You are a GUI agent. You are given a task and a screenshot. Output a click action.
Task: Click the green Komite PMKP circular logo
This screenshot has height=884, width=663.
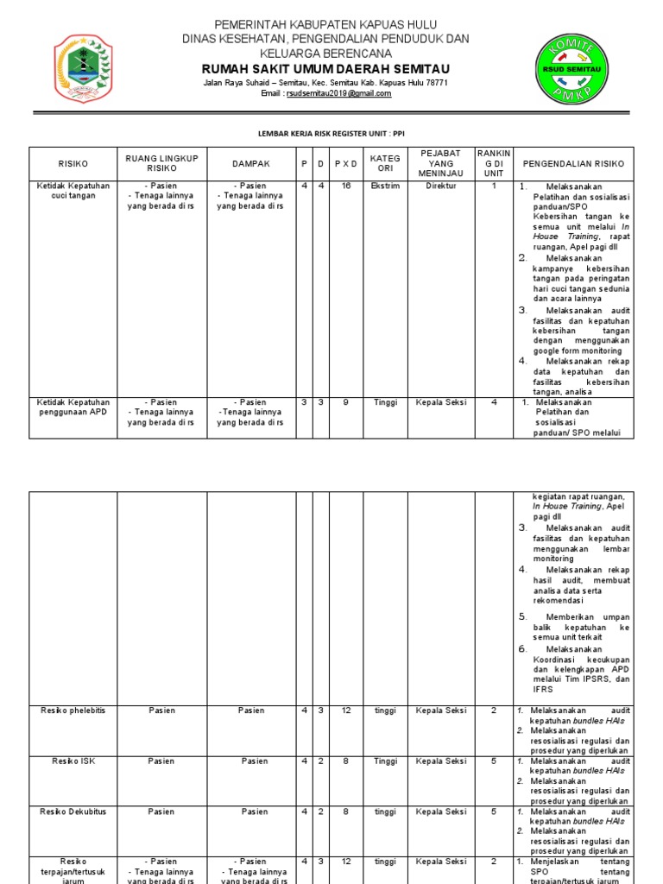click(571, 69)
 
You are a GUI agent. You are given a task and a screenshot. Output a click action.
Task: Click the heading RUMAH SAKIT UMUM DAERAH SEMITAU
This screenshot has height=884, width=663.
click(325, 69)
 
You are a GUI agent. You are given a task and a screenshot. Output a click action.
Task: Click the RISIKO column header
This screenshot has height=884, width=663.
click(73, 163)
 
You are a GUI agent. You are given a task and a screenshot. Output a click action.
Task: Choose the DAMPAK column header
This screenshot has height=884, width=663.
click(251, 163)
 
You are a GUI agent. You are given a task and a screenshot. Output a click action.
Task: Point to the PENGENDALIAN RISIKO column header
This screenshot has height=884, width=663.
click(573, 163)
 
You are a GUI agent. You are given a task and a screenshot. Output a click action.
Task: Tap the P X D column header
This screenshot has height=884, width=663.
click(345, 163)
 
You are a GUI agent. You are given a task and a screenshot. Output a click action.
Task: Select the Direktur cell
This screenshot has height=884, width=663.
click(441, 186)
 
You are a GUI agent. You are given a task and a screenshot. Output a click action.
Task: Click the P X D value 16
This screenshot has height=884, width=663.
click(345, 186)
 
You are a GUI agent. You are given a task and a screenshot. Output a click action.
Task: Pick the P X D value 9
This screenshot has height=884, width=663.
click(345, 402)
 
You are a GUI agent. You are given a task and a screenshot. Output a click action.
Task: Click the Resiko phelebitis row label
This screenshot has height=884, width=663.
click(73, 710)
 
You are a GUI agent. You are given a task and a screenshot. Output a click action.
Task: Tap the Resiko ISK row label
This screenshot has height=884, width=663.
click(73, 761)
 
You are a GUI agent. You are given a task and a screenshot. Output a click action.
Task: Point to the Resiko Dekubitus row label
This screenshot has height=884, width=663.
click(73, 811)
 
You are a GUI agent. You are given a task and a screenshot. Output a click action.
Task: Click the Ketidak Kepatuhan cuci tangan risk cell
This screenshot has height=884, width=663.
click(73, 191)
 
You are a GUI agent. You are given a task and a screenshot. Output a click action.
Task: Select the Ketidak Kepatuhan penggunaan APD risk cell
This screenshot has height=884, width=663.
click(73, 407)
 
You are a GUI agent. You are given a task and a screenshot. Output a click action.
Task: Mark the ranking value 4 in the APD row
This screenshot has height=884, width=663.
click(494, 402)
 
